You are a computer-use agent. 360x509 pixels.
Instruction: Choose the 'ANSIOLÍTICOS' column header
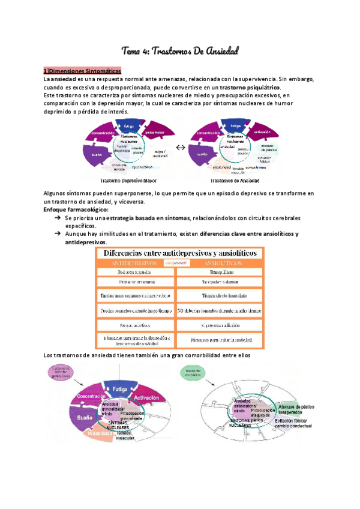[x=220, y=263]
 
